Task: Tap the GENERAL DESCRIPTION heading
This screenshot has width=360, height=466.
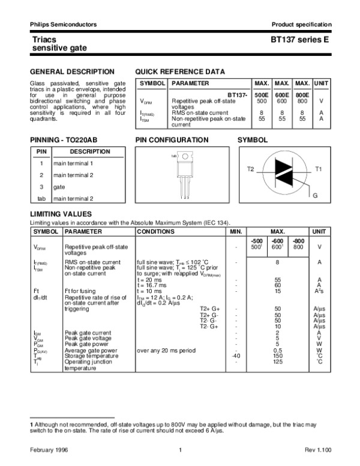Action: point(64,71)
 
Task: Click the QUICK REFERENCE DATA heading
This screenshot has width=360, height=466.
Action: point(180,71)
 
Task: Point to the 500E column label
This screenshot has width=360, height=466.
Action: point(262,95)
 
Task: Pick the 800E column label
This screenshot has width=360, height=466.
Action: point(302,95)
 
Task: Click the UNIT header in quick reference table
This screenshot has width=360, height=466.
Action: point(322,83)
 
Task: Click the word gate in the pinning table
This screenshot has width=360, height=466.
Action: point(59,187)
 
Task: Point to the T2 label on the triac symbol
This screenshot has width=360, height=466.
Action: point(251,170)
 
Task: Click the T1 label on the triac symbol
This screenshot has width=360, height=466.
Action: point(319,170)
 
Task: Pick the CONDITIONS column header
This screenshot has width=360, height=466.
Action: point(156,231)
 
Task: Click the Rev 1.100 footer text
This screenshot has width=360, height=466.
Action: point(317,450)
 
